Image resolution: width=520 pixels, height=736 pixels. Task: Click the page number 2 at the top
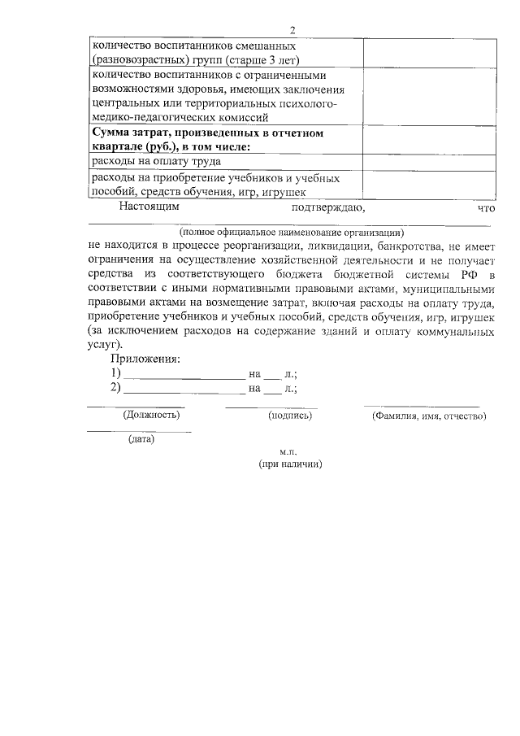click(x=292, y=31)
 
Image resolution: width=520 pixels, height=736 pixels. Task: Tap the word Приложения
click(x=145, y=359)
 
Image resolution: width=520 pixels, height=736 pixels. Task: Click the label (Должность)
click(x=152, y=415)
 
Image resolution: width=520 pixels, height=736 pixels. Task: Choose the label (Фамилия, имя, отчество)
click(x=429, y=416)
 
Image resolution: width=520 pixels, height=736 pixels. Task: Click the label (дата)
click(x=141, y=439)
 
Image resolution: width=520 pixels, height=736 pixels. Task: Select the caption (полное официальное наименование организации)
click(x=290, y=231)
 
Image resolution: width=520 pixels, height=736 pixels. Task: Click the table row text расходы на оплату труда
click(x=156, y=162)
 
